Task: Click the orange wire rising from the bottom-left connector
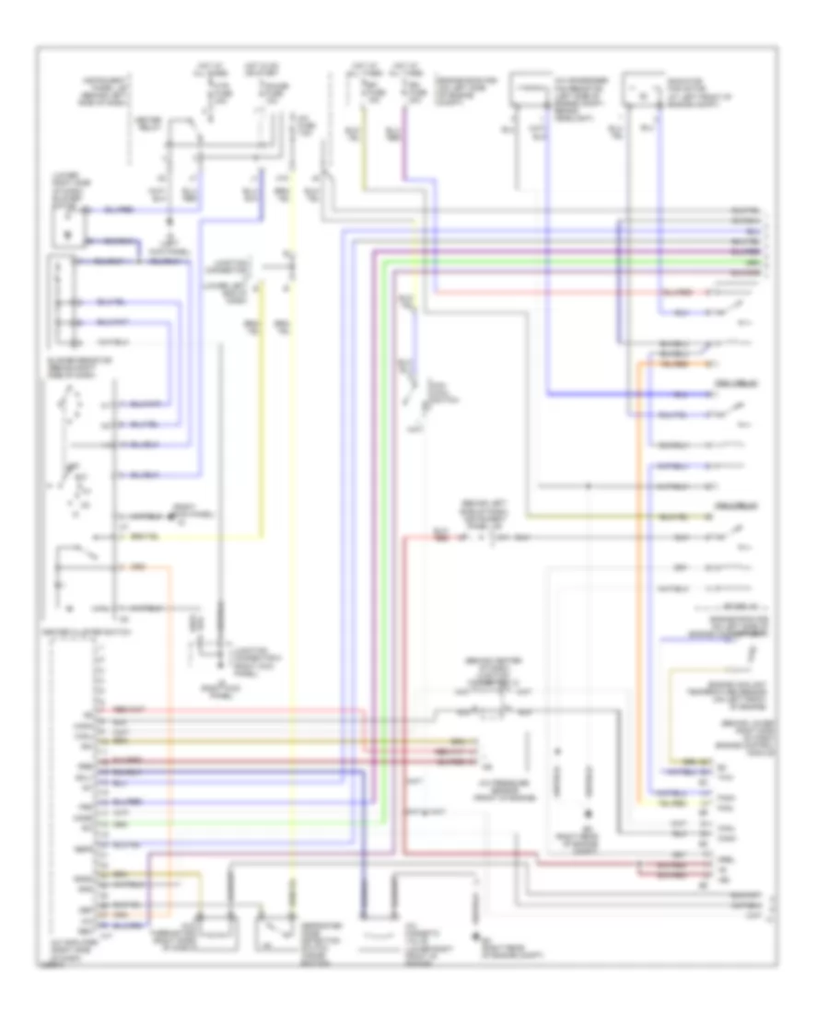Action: pos(169,737)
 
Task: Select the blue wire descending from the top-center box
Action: pos(547,276)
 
